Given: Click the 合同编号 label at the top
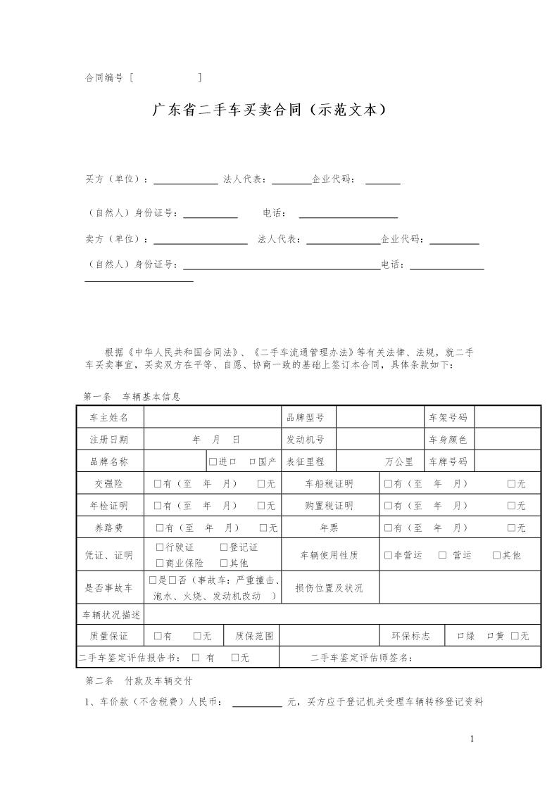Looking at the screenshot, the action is pos(104,78).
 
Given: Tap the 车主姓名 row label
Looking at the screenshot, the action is pos(109,417).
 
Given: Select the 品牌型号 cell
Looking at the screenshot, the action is pos(306,417).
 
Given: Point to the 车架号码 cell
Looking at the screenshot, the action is pos(448,417).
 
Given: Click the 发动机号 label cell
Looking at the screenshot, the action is pos(306,440).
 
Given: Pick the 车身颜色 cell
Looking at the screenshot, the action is pos(448,440).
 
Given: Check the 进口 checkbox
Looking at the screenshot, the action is pos(212,462).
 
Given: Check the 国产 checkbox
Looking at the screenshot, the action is pos(252,462).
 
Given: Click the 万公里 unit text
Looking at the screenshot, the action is pos(399,462).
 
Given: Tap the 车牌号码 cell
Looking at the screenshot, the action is pos(448,462).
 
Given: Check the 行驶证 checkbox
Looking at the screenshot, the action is pos(159,547).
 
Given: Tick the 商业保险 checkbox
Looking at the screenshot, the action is pos(159,563).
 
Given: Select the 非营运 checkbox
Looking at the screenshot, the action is pos(388,555).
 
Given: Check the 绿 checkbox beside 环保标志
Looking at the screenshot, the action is pos(460,636).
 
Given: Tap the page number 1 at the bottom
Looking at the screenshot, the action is pos(472,739).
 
